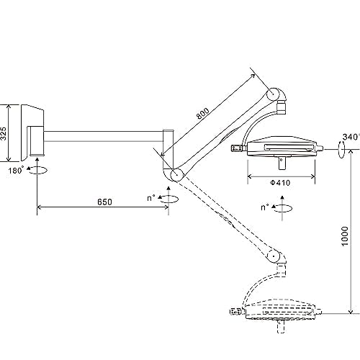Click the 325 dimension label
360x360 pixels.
[x=4, y=133]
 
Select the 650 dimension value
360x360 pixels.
[x=104, y=202]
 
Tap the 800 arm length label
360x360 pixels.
[x=203, y=114]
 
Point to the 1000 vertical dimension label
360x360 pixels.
[x=345, y=236]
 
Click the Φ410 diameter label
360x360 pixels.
[x=280, y=183]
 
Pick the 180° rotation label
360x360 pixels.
[x=17, y=170]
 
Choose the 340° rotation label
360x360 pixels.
[x=351, y=137]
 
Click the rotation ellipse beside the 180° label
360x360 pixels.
[x=38, y=170]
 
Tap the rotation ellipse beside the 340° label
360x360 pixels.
[x=341, y=150]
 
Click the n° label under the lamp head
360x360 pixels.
[x=265, y=207]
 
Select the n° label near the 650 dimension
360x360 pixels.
[x=151, y=198]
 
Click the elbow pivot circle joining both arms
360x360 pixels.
[x=177, y=175]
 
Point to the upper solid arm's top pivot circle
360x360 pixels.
[x=273, y=94]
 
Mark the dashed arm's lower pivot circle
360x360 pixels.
[x=274, y=256]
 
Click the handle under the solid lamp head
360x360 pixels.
[x=282, y=163]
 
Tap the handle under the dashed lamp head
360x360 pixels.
[x=282, y=327]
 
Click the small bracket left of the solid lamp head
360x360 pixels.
[x=237, y=148]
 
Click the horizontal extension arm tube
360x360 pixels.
[x=104, y=136]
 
